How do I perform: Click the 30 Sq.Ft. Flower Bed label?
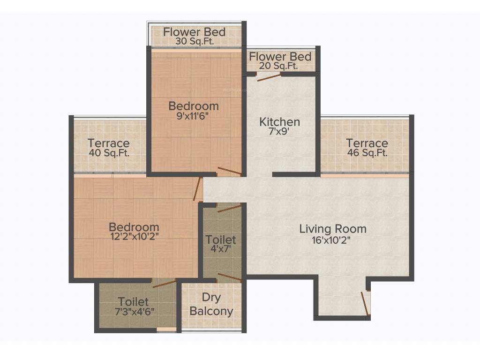(x=194, y=37)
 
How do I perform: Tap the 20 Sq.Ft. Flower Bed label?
(x=280, y=61)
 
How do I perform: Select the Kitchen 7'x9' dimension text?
(x=280, y=133)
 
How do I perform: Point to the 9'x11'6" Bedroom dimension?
(x=194, y=116)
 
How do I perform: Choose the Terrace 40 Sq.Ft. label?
(x=109, y=148)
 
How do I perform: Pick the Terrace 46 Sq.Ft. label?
(x=367, y=148)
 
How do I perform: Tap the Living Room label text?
(x=333, y=229)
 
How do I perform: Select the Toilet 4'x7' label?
(x=221, y=245)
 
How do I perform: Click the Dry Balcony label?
(x=211, y=305)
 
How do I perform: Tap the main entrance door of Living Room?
(x=364, y=302)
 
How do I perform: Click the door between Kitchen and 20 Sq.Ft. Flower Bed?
(x=269, y=76)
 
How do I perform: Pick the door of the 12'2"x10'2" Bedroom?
(x=198, y=189)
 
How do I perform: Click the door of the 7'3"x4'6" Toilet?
(x=164, y=283)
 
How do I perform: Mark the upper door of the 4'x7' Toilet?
(x=230, y=208)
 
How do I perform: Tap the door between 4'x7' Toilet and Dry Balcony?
(x=230, y=277)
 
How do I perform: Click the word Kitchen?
(x=280, y=122)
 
